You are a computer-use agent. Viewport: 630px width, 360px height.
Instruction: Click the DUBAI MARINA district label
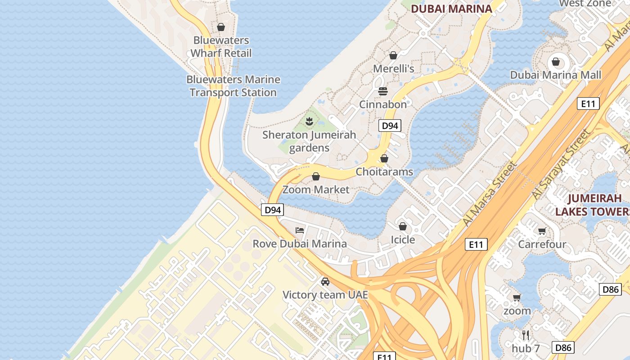point(451,9)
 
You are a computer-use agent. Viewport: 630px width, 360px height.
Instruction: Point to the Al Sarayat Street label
point(561,165)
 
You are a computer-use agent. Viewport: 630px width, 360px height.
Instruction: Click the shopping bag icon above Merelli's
point(393,55)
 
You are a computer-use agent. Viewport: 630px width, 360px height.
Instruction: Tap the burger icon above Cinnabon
point(383,91)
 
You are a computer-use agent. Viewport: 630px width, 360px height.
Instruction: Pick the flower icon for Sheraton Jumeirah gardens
point(309,121)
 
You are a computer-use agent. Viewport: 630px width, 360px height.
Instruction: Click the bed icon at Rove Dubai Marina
point(300,230)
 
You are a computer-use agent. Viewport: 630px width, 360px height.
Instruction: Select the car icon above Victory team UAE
point(325,282)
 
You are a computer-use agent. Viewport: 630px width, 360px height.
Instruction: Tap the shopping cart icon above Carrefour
point(542,231)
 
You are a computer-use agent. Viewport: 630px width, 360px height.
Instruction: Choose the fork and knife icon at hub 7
point(525,335)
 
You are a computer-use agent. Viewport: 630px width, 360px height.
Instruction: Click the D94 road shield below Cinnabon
point(390,126)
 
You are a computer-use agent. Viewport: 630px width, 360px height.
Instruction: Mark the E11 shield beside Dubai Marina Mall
point(588,104)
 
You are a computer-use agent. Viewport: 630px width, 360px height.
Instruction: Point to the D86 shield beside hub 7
point(563,347)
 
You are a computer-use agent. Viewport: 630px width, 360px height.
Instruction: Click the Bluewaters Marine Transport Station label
point(233,86)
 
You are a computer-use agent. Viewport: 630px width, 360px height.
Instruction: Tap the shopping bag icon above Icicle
point(403,226)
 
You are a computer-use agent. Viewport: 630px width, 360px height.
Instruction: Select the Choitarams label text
point(384,172)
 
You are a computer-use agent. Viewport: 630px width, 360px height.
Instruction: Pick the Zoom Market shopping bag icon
point(316,176)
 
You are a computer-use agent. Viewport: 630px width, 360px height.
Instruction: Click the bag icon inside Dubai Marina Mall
point(556,62)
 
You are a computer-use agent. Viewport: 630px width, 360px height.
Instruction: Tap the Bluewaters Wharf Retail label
point(220,47)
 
